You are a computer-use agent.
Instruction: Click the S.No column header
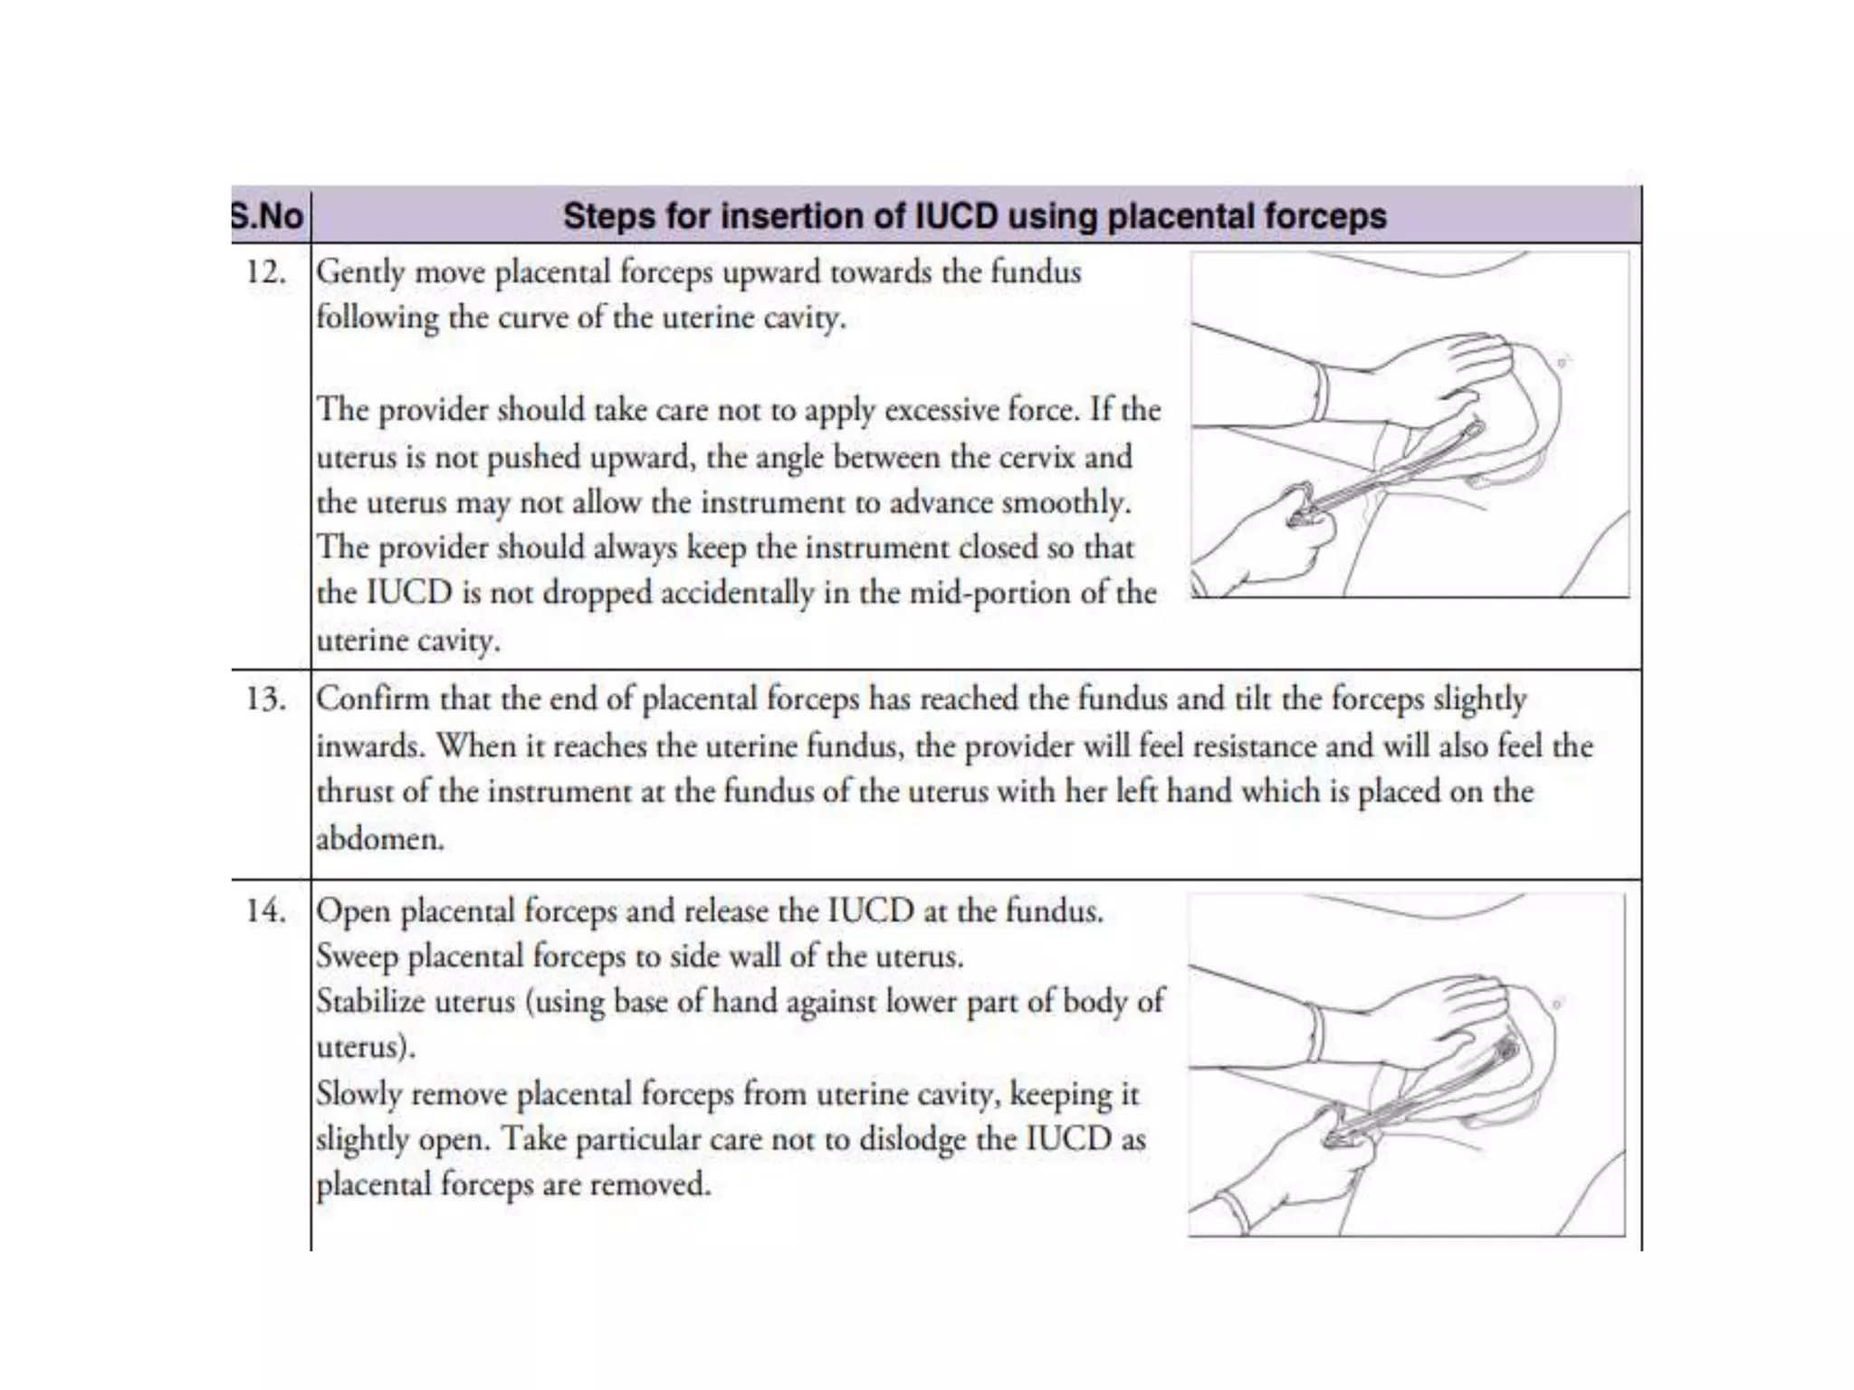coord(268,216)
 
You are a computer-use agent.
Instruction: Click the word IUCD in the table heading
coord(956,216)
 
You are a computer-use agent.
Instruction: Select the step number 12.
coord(266,271)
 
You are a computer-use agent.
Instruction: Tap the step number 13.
coord(266,699)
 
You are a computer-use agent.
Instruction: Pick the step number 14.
coord(266,910)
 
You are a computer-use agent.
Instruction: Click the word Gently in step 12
coord(360,272)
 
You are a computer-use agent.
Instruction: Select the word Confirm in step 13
coord(372,699)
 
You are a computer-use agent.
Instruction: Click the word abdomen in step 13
coord(379,838)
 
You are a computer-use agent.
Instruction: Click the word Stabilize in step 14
coord(370,1002)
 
